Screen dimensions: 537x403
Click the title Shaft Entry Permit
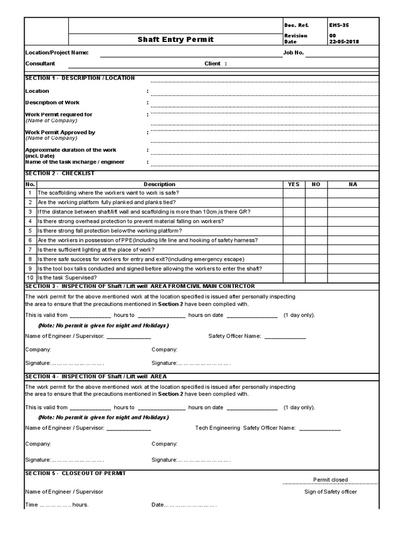click(x=175, y=39)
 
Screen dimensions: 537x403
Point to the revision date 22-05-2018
click(x=345, y=41)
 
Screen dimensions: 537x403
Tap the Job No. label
click(x=293, y=52)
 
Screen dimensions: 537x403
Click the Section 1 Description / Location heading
click(x=80, y=78)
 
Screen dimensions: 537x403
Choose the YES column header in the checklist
click(x=293, y=184)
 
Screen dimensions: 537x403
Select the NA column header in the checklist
click(x=352, y=184)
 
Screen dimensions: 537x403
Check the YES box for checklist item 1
click(x=293, y=193)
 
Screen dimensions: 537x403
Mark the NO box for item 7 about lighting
click(x=316, y=250)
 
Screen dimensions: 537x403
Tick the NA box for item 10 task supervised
click(x=352, y=277)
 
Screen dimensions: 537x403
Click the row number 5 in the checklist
click(x=30, y=231)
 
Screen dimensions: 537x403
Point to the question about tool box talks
click(x=150, y=268)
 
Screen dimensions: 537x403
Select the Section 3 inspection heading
click(x=140, y=286)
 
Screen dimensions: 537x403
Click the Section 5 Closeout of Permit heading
click(x=76, y=473)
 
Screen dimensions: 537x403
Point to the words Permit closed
click(x=330, y=479)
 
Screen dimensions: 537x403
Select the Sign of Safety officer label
click(x=330, y=491)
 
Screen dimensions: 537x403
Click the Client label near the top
click(x=215, y=63)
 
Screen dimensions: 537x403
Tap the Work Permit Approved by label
click(x=60, y=133)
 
